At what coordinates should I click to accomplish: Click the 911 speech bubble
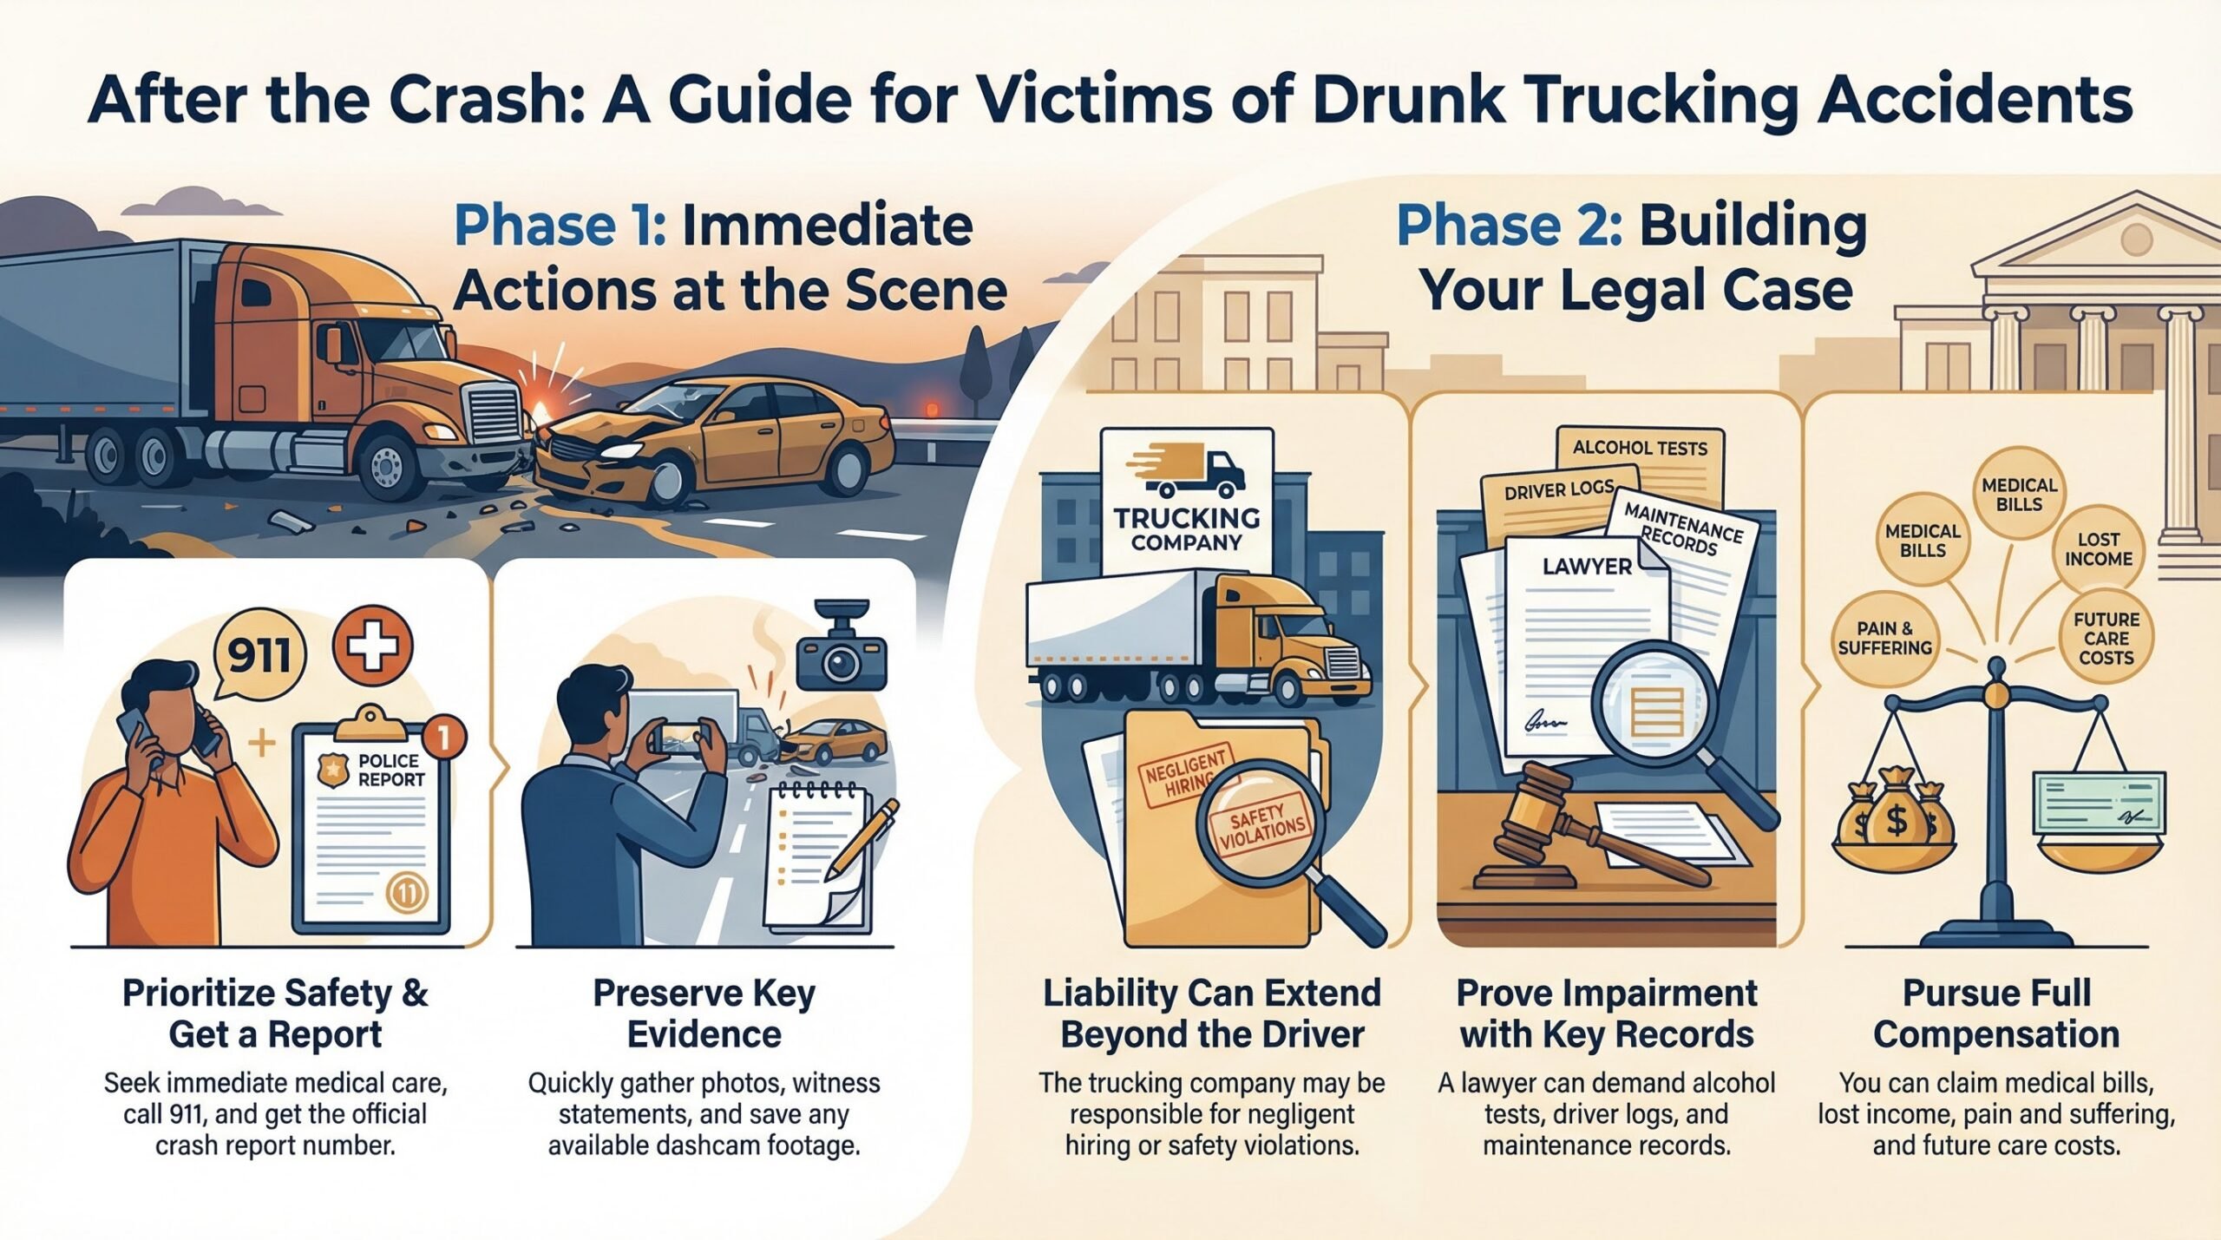(x=259, y=654)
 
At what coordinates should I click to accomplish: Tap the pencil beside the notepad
(x=863, y=837)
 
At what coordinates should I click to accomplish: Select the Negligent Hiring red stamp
(x=1186, y=775)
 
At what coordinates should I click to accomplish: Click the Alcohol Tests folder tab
(x=1640, y=449)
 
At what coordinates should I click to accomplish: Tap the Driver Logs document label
(x=1559, y=491)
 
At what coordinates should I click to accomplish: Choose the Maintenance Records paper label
(x=1681, y=529)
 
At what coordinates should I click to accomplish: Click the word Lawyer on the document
(x=1587, y=567)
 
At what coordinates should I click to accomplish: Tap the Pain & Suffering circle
(x=1884, y=638)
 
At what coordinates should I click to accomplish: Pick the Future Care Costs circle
(x=2106, y=639)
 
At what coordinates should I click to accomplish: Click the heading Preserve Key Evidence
(x=704, y=1014)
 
